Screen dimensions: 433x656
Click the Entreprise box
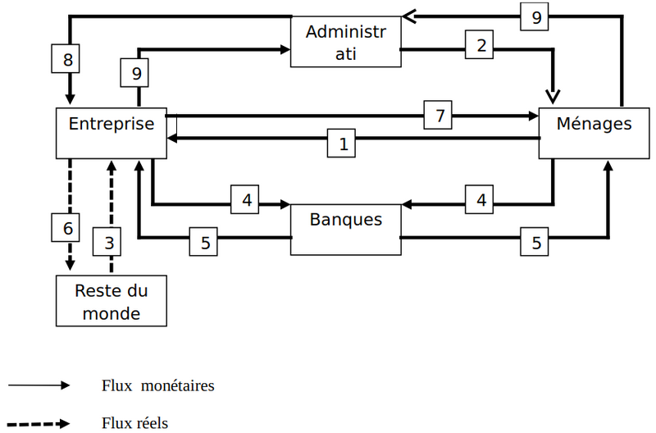pos(111,132)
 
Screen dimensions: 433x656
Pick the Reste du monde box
pos(111,301)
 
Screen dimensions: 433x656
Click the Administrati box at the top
pos(345,43)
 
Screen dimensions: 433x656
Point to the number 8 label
pos(68,59)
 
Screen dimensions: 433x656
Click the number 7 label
pos(439,116)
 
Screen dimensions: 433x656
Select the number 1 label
pos(343,144)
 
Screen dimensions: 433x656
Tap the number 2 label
pos(480,45)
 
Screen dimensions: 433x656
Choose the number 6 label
pos(68,227)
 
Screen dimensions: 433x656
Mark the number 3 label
pos(108,243)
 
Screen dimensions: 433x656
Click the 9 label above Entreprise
pos(136,74)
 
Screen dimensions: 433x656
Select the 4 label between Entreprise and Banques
pos(245,198)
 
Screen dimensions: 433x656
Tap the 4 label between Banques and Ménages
pos(481,198)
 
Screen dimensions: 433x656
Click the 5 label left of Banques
pos(205,243)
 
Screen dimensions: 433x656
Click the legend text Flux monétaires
pos(158,385)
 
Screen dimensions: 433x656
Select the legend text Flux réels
pos(135,423)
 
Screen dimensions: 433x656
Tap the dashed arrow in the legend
pos(41,423)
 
